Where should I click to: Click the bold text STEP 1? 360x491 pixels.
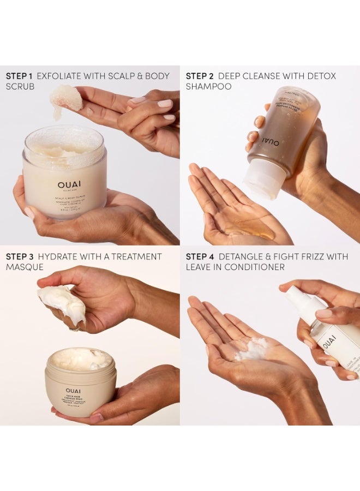click(19, 76)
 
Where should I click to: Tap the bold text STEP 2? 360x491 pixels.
click(199, 76)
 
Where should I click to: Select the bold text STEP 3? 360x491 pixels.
click(19, 256)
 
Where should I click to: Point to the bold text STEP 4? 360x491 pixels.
click(199, 256)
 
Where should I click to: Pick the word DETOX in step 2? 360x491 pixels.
click(321, 76)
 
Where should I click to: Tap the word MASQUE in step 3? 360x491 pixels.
click(25, 267)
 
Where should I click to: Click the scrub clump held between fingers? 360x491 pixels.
click(65, 98)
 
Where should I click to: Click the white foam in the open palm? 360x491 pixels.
click(251, 349)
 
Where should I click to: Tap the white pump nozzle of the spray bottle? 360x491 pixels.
click(297, 297)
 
